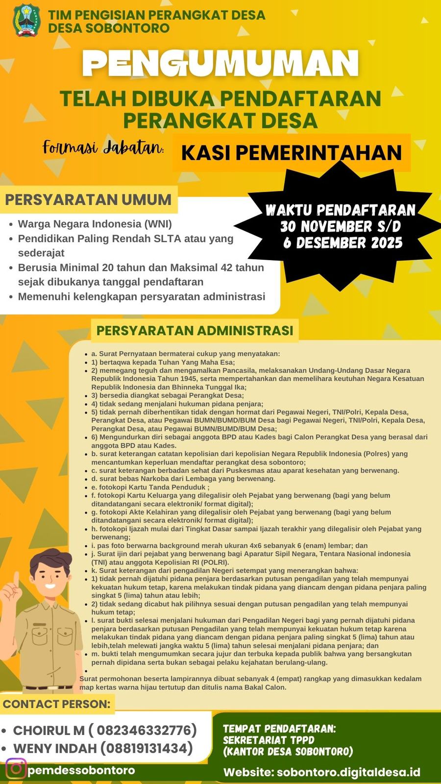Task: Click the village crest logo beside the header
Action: coord(26,21)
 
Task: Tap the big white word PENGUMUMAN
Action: coord(220,64)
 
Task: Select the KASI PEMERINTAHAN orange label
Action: coord(291,153)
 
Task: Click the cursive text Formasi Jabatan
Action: coord(103,147)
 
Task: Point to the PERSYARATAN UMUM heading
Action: coord(88,200)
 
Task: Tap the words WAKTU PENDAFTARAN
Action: coord(341,210)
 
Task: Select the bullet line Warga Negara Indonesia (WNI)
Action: coord(95,224)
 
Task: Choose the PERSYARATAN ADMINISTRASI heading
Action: coord(195,331)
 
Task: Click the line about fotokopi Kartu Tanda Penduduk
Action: coord(150,487)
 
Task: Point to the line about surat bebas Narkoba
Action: coord(183,479)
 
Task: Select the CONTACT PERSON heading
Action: coord(56,704)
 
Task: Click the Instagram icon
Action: coord(16,768)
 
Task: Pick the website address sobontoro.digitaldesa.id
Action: coord(348,772)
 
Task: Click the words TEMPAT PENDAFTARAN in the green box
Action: coord(279,729)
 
